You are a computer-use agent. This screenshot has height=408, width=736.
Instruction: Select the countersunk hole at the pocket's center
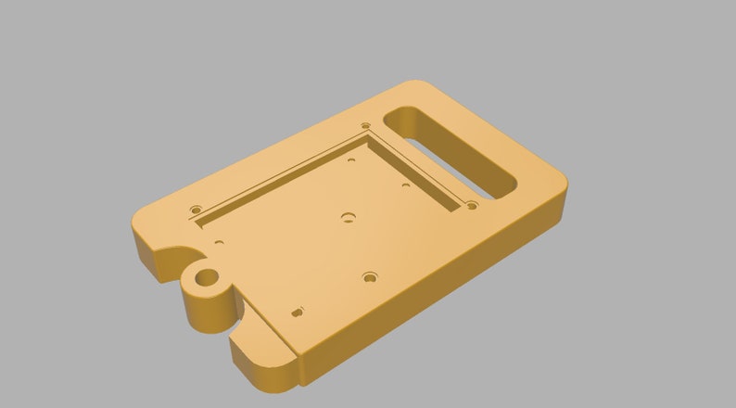pyautogui.click(x=349, y=218)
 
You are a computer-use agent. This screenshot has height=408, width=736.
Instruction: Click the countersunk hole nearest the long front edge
pyautogui.click(x=371, y=276)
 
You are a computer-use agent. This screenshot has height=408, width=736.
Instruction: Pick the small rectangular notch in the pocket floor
pyautogui.click(x=297, y=312)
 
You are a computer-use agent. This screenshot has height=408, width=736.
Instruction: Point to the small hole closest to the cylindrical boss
pyautogui.click(x=219, y=242)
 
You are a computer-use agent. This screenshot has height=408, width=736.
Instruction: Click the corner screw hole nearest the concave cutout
pyautogui.click(x=196, y=210)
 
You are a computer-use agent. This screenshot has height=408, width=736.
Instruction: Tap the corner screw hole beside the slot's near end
pyautogui.click(x=472, y=205)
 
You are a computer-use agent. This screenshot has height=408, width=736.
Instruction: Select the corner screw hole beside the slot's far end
pyautogui.click(x=365, y=125)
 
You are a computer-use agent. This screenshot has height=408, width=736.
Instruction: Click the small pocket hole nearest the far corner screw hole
pyautogui.click(x=351, y=159)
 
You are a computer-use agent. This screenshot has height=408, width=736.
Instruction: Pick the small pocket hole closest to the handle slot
pyautogui.click(x=406, y=185)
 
